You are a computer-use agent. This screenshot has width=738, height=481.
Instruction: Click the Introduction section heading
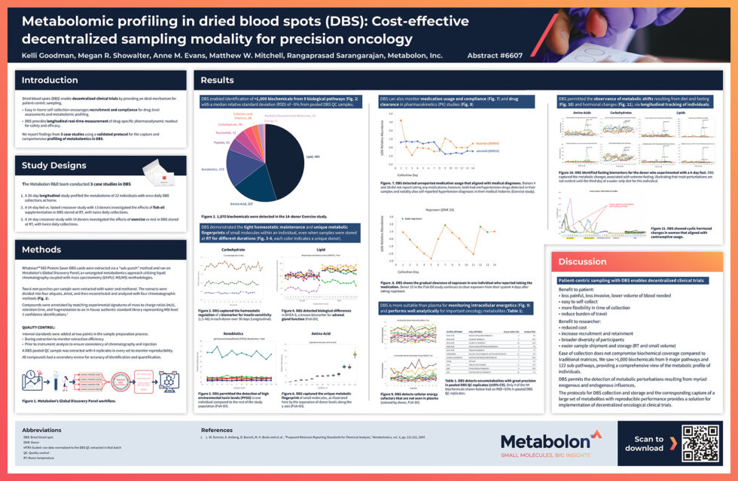tap(50, 81)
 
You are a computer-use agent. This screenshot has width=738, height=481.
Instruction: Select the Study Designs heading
tap(54, 166)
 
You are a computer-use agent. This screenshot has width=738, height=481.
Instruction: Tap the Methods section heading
tap(41, 250)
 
